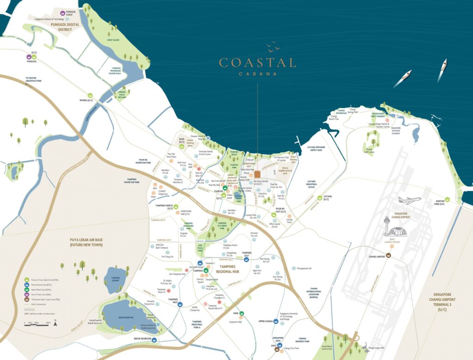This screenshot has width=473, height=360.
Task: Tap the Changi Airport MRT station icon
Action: [388, 255]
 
